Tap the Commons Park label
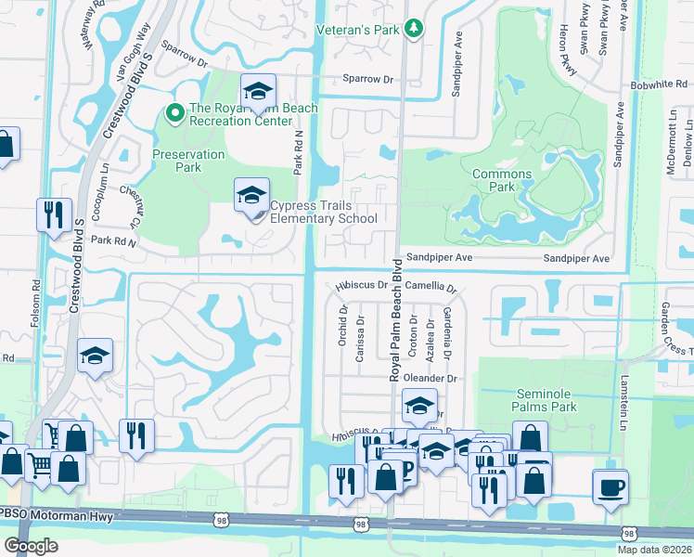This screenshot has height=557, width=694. (x=502, y=181)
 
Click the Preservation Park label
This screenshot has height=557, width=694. (x=188, y=162)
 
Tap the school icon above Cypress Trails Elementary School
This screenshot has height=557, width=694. (x=250, y=196)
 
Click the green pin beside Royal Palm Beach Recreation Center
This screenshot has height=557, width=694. (x=173, y=114)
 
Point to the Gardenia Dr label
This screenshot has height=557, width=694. (x=447, y=332)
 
